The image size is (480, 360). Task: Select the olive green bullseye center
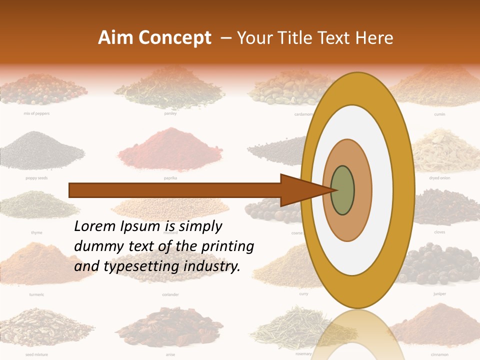point(342,190)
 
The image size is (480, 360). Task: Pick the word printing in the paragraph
point(227,246)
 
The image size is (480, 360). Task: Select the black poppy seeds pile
point(36,150)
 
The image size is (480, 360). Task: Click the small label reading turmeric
point(36,294)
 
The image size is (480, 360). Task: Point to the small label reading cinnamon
point(439,354)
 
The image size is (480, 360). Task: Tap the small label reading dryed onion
point(439,177)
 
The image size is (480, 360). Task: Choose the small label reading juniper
point(439,294)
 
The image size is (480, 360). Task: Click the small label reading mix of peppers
point(36,113)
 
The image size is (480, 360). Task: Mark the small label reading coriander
point(170,294)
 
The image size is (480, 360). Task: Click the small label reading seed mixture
point(36,354)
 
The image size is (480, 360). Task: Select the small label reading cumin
point(439,114)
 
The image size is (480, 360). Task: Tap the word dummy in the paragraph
point(95,246)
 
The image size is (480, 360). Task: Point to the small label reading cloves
point(439,232)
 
